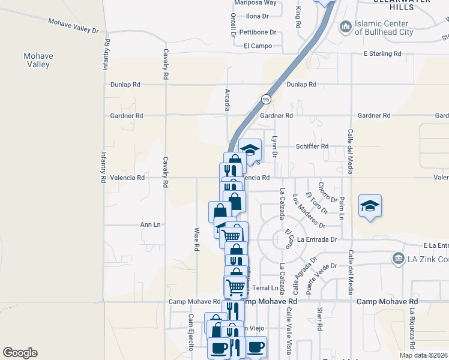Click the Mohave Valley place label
(x=38, y=60)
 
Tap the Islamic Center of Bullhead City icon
(x=345, y=26)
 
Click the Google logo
(x=20, y=353)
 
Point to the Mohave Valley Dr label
(x=73, y=25)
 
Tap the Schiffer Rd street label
(x=312, y=146)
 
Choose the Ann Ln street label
(x=150, y=224)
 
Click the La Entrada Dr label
(x=318, y=240)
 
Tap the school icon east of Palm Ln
(x=370, y=206)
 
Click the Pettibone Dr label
(x=258, y=32)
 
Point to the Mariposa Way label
(x=255, y=2)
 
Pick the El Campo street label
(x=258, y=46)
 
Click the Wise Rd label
(x=196, y=239)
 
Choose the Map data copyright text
(x=424, y=355)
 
